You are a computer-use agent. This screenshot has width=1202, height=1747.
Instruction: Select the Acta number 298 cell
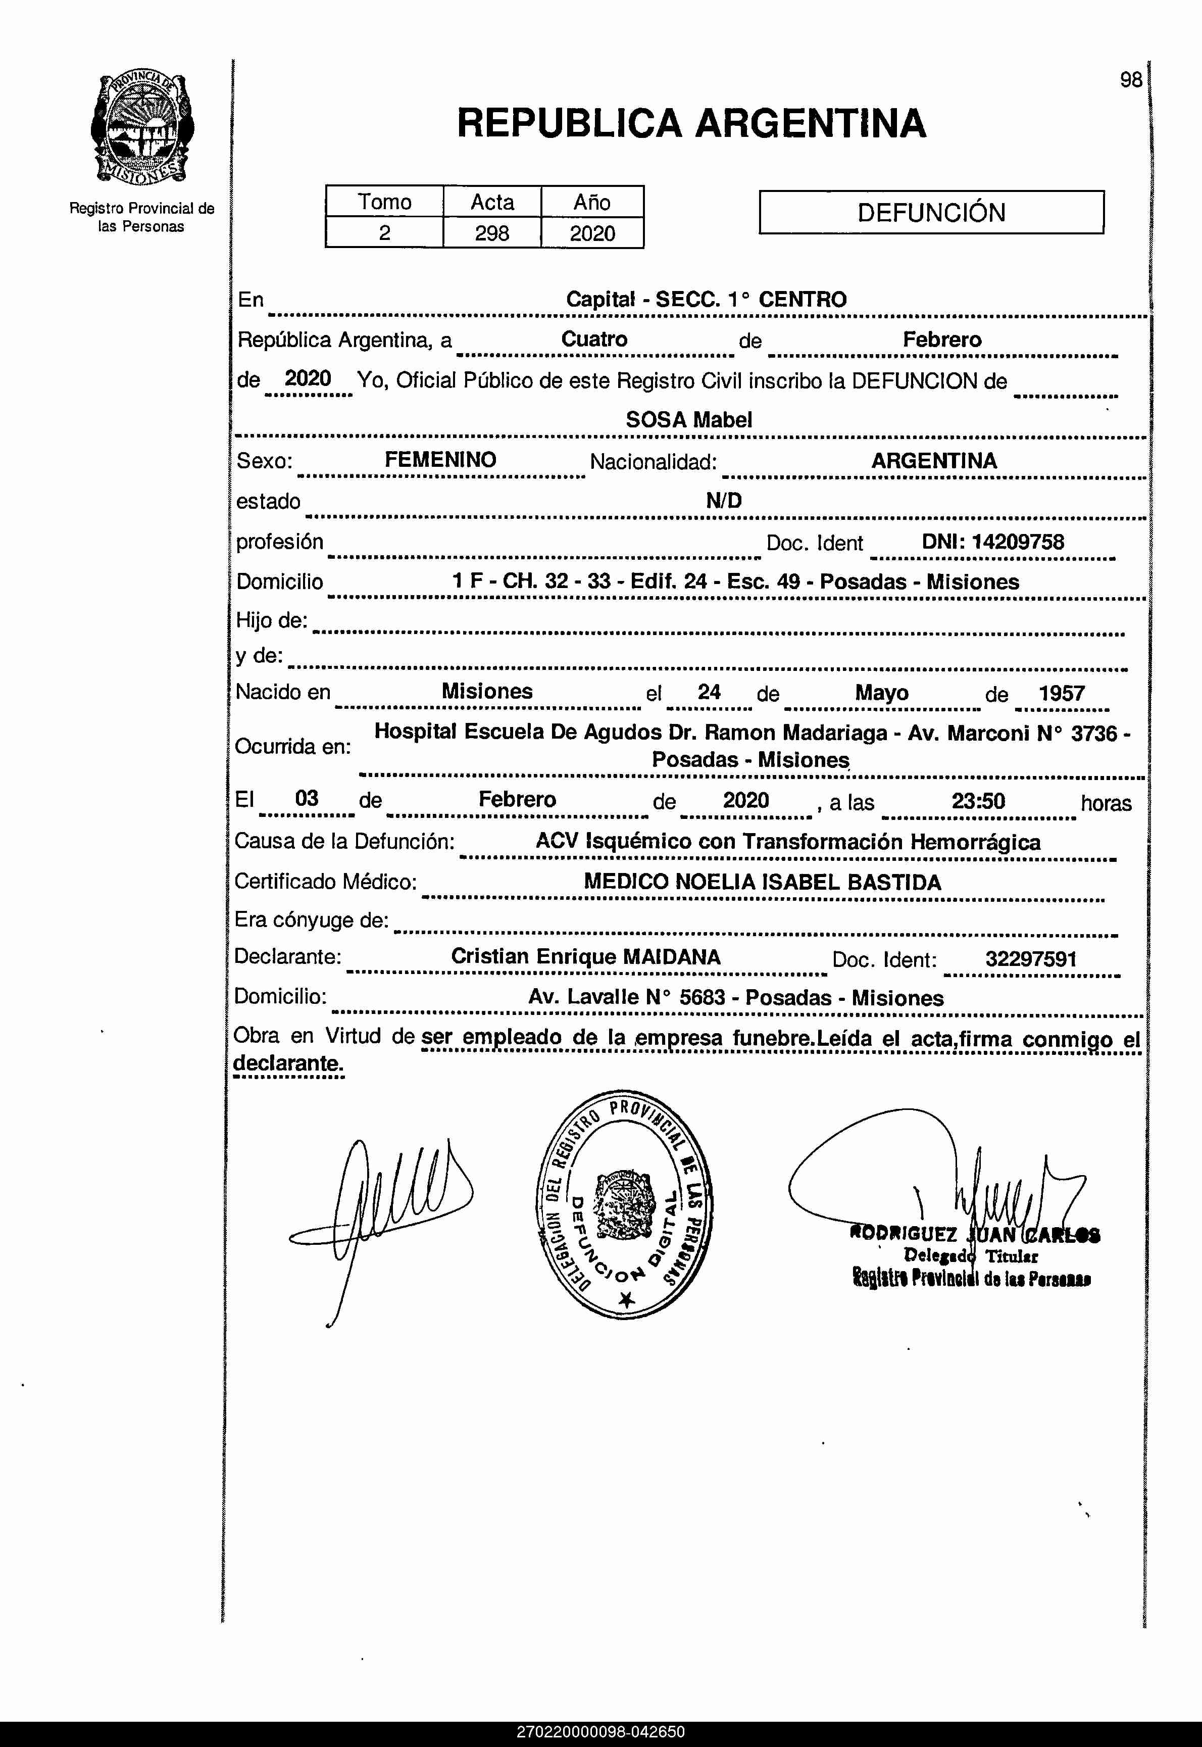click(x=492, y=233)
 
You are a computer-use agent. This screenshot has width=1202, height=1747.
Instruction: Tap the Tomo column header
click(x=384, y=202)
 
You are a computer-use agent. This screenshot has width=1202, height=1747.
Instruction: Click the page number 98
click(x=1130, y=80)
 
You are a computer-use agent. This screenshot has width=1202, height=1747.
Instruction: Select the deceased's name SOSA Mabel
click(x=688, y=420)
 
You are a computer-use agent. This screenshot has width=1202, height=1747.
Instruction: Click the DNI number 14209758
click(x=1018, y=542)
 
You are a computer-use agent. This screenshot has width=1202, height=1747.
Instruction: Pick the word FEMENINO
click(x=440, y=460)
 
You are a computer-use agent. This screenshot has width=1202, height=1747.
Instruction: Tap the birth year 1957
click(x=1061, y=693)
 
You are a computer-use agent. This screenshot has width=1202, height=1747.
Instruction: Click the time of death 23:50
click(x=978, y=801)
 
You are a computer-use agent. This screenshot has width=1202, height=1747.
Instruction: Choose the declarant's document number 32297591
click(x=1030, y=959)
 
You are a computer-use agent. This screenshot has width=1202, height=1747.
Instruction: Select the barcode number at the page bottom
click(x=600, y=1732)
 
